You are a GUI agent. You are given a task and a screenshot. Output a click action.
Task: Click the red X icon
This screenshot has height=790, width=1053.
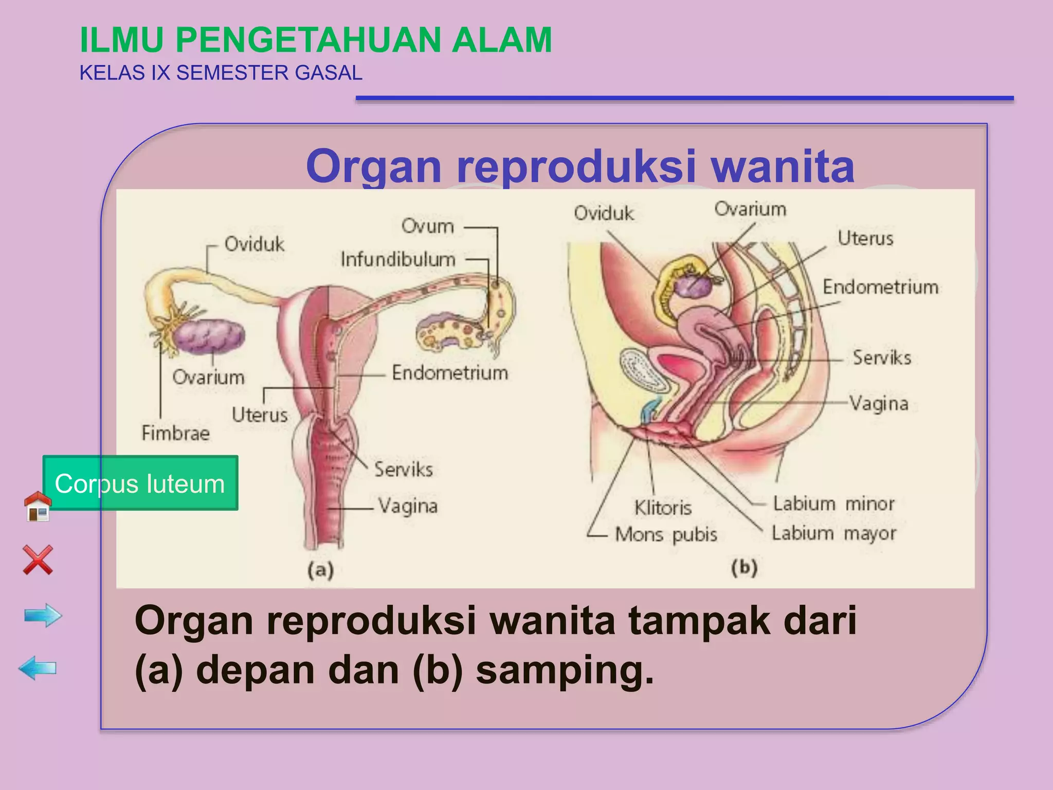(x=38, y=560)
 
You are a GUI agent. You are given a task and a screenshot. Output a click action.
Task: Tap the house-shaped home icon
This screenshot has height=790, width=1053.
(x=38, y=506)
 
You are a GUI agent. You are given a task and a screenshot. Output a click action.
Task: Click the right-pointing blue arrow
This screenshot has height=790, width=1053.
(x=43, y=615)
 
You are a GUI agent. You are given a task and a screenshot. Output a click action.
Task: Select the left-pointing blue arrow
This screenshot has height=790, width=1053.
(x=37, y=668)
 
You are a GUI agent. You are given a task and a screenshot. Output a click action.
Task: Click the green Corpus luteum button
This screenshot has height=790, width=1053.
(x=140, y=483)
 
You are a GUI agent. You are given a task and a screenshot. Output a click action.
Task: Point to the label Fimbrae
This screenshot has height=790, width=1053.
(x=175, y=433)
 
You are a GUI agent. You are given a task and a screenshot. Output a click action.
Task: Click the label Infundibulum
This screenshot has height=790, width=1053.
(x=398, y=259)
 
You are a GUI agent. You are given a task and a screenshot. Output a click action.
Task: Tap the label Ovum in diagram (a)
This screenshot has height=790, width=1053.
(x=427, y=226)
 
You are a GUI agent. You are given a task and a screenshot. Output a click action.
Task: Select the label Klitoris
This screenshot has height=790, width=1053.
(x=663, y=508)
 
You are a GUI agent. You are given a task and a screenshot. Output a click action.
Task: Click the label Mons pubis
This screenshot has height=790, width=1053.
(x=666, y=534)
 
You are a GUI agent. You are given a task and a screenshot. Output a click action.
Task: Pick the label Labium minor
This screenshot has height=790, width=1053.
(x=833, y=504)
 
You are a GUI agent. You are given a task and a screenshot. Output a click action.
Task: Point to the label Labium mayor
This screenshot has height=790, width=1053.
(x=833, y=533)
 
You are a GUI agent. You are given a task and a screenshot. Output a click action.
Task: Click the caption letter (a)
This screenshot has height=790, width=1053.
(x=321, y=570)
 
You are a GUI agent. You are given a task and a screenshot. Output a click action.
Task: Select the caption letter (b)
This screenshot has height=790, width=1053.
(x=744, y=568)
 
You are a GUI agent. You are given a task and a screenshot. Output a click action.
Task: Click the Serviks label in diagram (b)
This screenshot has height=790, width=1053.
(x=881, y=357)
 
